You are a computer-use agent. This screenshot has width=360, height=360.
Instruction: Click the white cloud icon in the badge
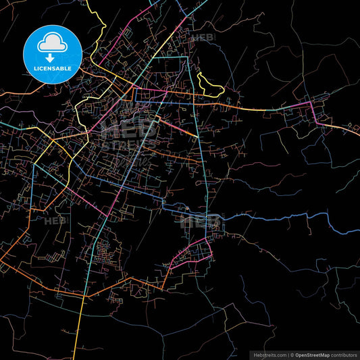pyautogui.click(x=53, y=43)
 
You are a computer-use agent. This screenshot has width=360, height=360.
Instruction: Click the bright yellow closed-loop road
pyautogui.click(x=210, y=85)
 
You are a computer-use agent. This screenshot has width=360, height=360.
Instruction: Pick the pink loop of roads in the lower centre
pyautogui.click(x=192, y=253)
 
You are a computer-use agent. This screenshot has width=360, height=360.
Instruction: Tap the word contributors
pyautogui.click(x=343, y=354)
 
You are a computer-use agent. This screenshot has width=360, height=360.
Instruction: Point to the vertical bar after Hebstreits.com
pyautogui.click(x=288, y=354)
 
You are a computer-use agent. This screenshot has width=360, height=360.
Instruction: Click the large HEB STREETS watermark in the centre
pyautogui.click(x=128, y=135)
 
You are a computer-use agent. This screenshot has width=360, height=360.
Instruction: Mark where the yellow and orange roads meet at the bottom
pyautogui.click(x=84, y=296)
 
